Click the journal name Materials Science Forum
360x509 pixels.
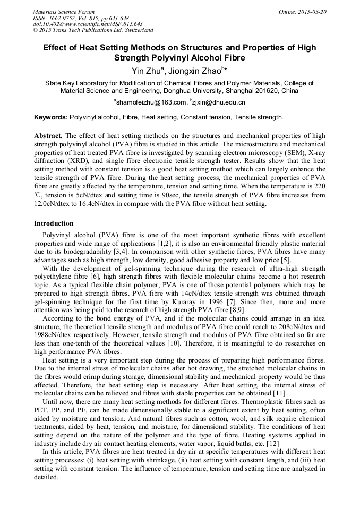click(64, 12)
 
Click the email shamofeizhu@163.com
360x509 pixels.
click(151, 102)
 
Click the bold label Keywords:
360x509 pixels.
click(50, 117)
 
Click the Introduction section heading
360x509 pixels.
click(54, 223)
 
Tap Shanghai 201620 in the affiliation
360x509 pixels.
click(256, 91)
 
